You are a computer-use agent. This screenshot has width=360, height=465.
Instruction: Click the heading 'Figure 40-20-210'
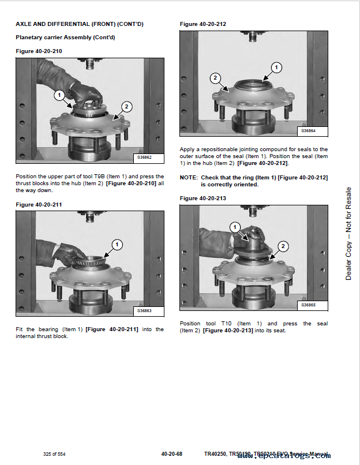(x=39, y=51)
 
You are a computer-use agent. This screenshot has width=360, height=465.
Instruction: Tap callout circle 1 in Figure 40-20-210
(x=59, y=95)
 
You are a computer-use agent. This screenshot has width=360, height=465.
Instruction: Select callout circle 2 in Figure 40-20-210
(x=127, y=106)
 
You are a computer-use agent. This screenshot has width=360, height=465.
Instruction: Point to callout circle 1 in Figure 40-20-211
(x=117, y=245)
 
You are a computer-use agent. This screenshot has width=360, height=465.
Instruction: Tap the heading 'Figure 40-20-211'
(x=39, y=205)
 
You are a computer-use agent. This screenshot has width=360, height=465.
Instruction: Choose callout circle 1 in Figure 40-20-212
(x=276, y=67)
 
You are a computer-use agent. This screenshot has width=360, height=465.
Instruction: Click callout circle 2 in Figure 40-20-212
(x=215, y=78)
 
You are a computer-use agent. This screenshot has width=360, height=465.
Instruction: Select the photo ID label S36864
(x=309, y=131)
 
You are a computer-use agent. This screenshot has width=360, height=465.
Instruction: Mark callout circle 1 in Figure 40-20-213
(x=235, y=226)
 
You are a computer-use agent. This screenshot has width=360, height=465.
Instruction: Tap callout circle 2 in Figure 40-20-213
(x=283, y=246)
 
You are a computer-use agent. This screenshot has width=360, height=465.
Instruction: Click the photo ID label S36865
(x=309, y=305)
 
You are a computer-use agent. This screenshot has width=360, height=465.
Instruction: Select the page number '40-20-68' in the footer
(x=172, y=455)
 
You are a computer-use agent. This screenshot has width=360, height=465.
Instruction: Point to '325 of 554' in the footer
(x=54, y=455)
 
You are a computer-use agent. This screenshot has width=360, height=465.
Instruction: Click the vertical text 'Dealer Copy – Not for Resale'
(x=348, y=234)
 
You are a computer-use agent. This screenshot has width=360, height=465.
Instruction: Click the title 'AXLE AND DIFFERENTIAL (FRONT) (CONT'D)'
(x=79, y=24)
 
